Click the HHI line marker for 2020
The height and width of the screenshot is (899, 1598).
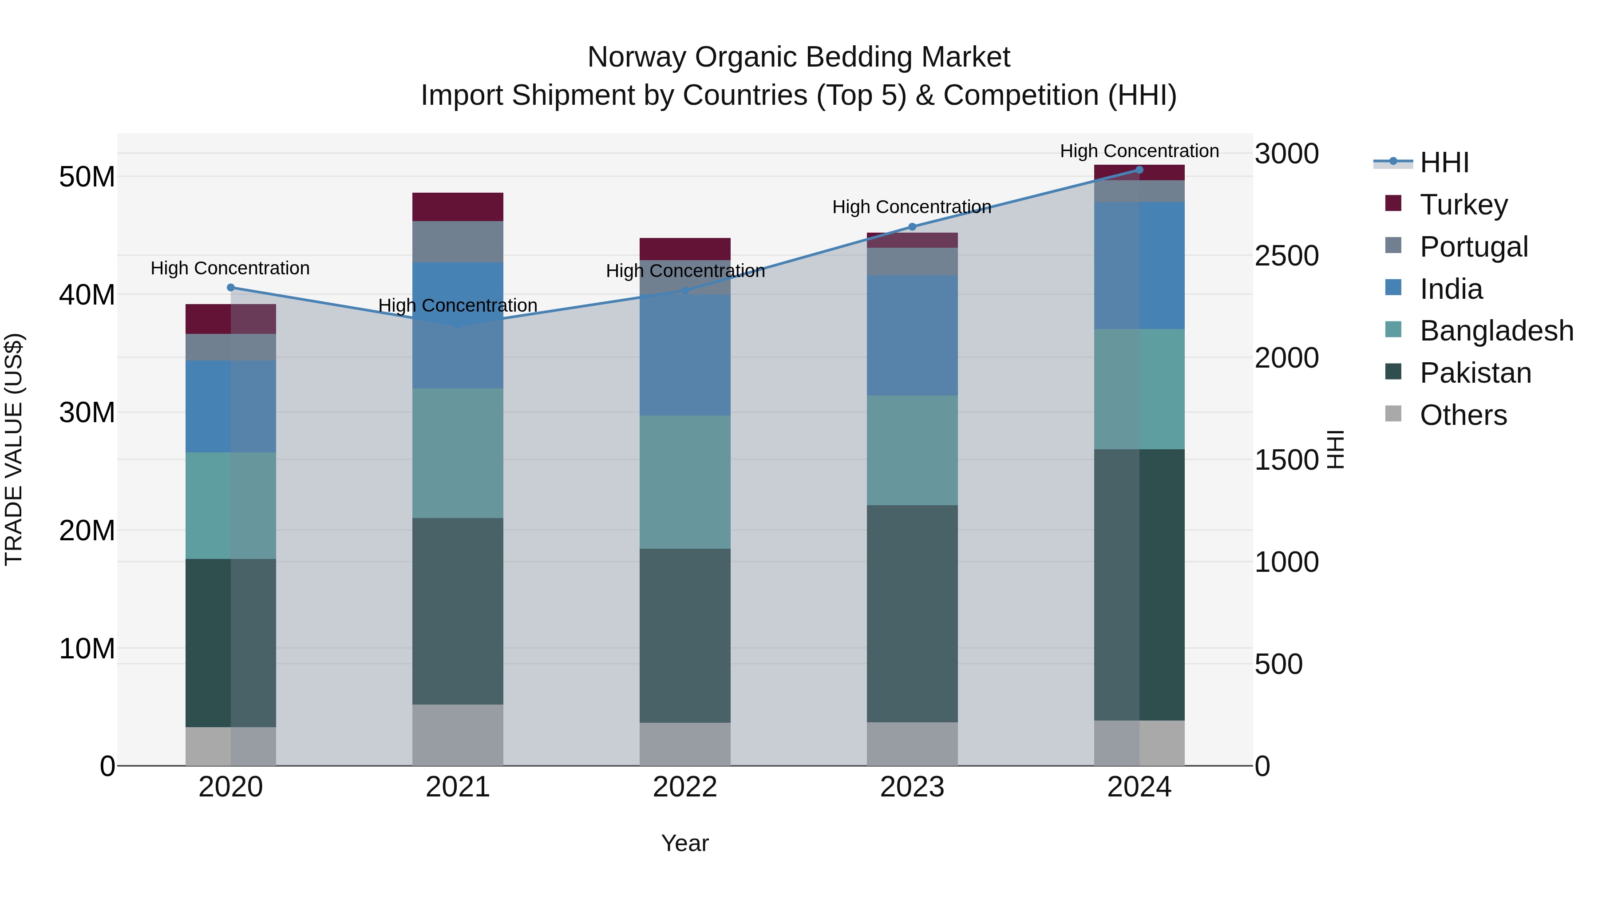pos(231,287)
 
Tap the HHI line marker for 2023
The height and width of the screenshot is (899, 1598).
pos(912,226)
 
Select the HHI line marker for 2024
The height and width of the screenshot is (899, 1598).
pos(1139,170)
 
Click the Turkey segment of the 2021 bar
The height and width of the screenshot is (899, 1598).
pos(458,206)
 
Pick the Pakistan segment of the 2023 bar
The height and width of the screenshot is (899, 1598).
pos(912,613)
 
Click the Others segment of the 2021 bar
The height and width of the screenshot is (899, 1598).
pos(458,735)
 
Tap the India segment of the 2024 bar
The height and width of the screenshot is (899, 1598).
pos(1139,265)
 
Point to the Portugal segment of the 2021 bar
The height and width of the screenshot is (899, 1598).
pos(458,242)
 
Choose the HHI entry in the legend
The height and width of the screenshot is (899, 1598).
pos(1444,162)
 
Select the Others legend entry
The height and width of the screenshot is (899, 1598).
pos(1463,415)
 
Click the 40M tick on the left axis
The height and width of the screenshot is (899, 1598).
pos(87,295)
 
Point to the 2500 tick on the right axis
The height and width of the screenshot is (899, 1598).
pos(1286,256)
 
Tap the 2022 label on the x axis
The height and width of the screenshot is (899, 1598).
pos(685,787)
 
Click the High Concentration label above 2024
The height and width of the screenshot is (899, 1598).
pos(1139,151)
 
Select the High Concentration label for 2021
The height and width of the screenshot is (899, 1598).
pos(458,305)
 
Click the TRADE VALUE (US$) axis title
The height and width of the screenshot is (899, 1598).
pos(14,449)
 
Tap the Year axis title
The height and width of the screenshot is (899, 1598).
pos(685,843)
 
